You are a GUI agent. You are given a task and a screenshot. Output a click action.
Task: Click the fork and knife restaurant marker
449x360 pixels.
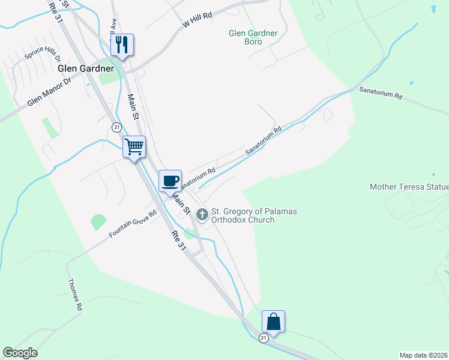(122, 45)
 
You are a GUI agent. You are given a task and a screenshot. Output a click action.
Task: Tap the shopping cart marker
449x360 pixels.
(134, 146)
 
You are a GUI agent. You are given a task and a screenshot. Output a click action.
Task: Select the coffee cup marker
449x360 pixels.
(170, 180)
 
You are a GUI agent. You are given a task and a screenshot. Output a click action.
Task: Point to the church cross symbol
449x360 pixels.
(202, 214)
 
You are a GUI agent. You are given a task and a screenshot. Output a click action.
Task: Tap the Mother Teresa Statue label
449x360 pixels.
(409, 187)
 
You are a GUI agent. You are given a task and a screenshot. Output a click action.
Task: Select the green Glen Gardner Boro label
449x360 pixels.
(253, 38)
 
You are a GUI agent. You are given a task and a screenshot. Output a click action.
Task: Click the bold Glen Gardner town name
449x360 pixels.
(86, 68)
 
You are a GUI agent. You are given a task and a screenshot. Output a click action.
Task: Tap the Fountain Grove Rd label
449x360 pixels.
(133, 224)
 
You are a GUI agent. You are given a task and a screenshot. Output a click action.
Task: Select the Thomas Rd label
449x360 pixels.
(75, 294)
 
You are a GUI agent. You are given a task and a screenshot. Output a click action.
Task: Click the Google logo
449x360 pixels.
(20, 353)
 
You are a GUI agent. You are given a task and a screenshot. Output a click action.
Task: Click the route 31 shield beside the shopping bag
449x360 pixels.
(264, 338)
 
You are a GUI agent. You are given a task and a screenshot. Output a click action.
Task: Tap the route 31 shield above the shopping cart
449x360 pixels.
(116, 127)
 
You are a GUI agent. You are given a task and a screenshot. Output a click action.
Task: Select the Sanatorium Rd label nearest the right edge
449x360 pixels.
(381, 92)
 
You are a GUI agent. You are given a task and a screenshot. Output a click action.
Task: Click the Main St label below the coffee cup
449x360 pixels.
(181, 204)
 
